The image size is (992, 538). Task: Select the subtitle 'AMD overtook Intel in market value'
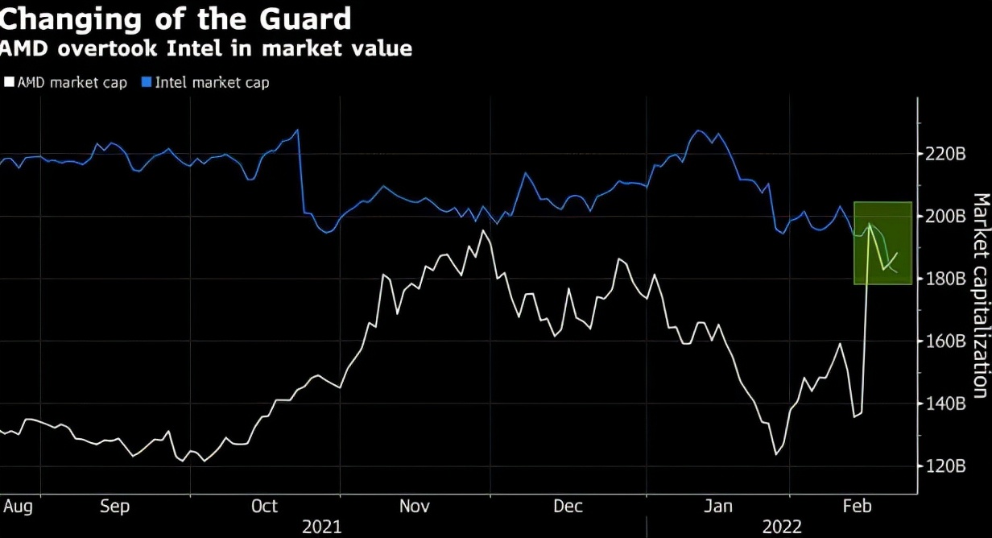pos(205,49)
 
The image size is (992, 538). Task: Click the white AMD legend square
pos(9,82)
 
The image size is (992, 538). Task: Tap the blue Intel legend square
pos(146,82)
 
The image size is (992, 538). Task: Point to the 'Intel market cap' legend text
pos(212,82)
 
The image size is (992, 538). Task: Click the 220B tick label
pos(944,154)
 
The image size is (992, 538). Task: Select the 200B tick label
pos(944,217)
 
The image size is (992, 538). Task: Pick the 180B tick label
pos(944,279)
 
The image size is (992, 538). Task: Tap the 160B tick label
pos(944,341)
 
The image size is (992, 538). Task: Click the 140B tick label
pos(944,403)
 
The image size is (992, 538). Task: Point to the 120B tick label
pos(944,466)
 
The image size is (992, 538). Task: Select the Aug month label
pos(18,507)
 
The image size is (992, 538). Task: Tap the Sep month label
pos(114,507)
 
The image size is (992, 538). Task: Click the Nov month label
pos(415,507)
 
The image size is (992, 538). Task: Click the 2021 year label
pos(321,527)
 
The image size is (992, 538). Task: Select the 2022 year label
pos(782,527)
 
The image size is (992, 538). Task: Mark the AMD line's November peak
pos(483,231)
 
